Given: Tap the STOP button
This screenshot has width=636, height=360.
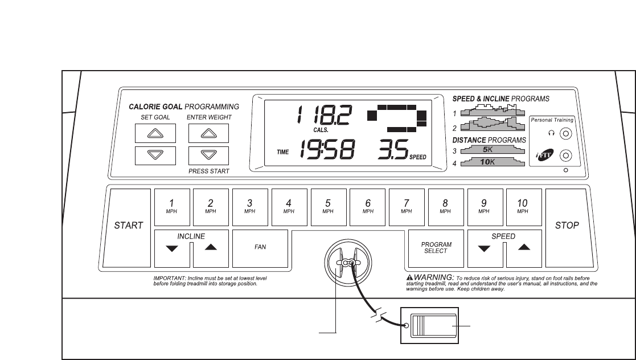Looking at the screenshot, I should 567,226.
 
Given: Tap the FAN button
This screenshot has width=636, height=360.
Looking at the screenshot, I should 260,247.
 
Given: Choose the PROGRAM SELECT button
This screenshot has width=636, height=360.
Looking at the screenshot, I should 436,247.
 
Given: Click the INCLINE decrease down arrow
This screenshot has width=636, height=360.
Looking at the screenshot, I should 172,248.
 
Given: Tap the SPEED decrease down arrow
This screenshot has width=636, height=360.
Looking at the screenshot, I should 485,248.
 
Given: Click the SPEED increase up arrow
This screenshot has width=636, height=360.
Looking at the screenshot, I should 524,247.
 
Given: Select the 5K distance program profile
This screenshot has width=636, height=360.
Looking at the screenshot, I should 492,150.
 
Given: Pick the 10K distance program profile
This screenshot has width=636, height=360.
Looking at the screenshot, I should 492,162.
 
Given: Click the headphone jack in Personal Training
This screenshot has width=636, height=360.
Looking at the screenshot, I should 565,134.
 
